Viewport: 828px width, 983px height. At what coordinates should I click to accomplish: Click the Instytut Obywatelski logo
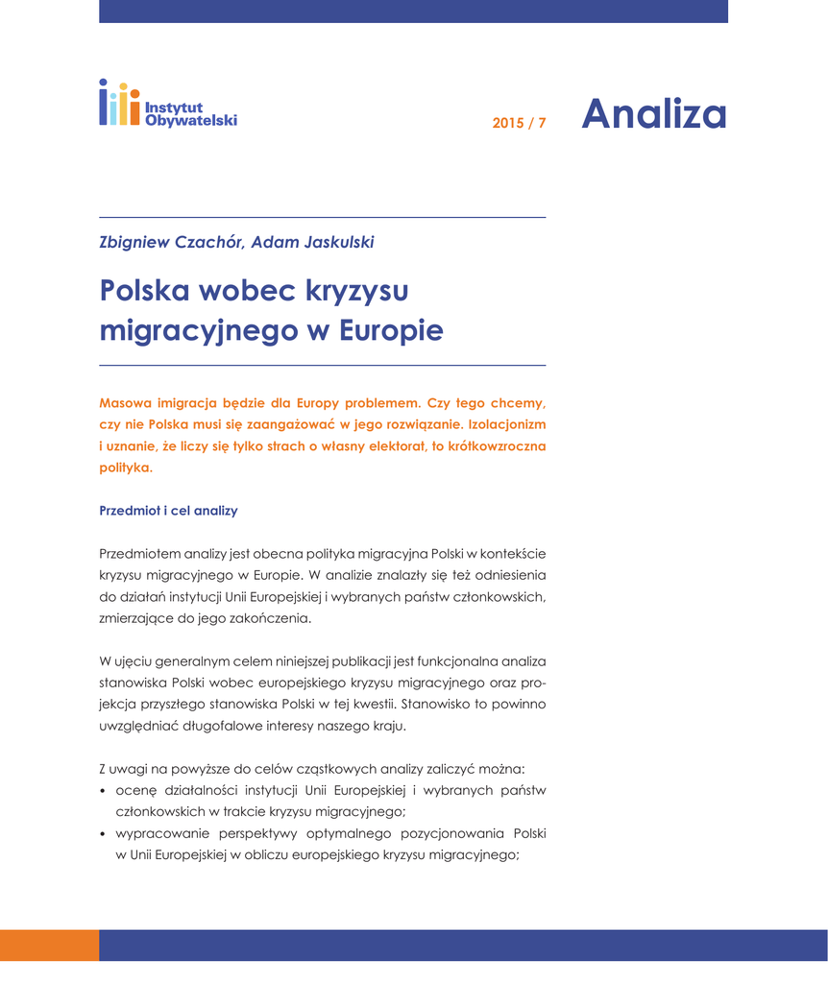pos(167,104)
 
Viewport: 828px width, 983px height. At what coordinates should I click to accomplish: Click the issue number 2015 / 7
pos(519,123)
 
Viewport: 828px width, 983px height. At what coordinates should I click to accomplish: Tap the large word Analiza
pos(653,114)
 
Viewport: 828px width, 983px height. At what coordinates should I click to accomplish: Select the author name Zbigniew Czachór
pos(171,242)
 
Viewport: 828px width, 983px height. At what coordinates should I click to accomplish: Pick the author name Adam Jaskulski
pos(312,242)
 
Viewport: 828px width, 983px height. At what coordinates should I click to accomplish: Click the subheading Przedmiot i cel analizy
pos(168,511)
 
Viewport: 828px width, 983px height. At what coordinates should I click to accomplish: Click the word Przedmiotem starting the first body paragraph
pos(140,554)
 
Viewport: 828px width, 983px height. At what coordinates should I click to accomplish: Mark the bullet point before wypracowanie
pos(103,834)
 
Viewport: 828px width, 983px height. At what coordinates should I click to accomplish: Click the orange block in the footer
pos(49,945)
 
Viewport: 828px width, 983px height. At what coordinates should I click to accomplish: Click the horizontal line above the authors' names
pos(322,217)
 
